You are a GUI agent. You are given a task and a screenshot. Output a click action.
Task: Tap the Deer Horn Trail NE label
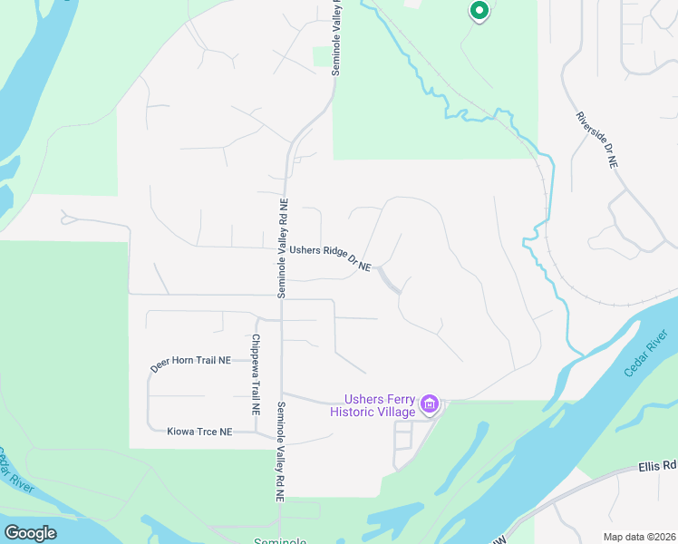[x=190, y=364]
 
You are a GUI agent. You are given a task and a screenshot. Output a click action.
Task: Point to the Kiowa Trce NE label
[x=199, y=432]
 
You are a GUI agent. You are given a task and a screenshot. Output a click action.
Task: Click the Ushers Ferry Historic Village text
[x=373, y=405]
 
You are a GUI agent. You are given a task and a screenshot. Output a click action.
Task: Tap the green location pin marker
[x=479, y=11]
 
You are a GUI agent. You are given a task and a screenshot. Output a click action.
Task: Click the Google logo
[x=30, y=533]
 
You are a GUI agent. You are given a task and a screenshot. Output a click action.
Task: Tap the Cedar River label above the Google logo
[x=15, y=471]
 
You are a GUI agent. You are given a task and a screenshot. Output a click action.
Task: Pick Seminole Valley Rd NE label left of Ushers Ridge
[x=282, y=248]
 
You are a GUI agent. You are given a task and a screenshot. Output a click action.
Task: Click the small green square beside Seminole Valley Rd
[x=322, y=57]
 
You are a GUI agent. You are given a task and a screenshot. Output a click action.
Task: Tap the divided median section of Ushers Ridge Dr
[x=388, y=279]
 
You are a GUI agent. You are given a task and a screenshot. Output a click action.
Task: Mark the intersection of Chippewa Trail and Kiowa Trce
[x=257, y=432]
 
